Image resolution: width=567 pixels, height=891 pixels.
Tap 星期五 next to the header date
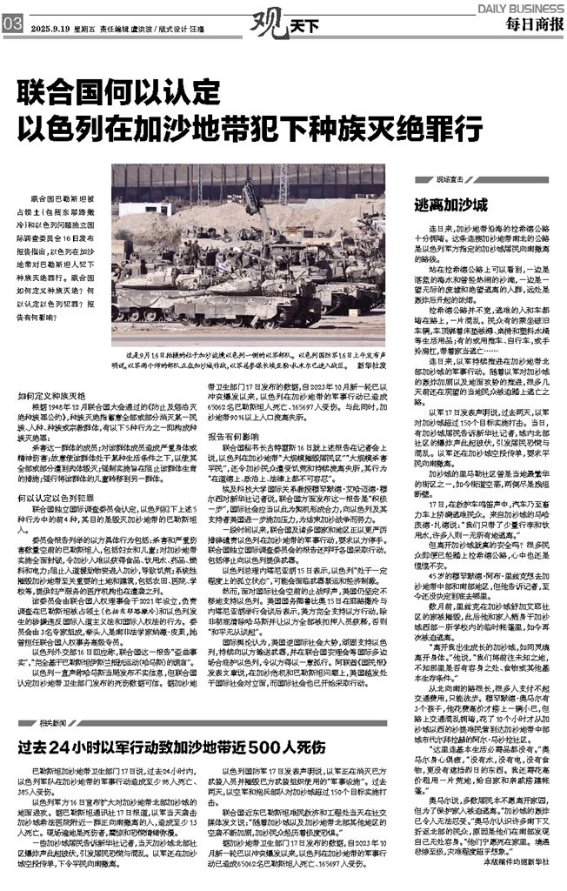86,26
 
